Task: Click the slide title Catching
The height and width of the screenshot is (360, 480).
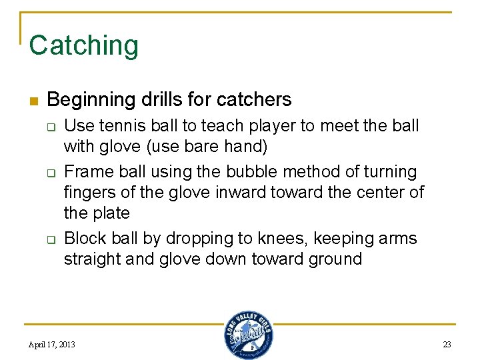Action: point(84,45)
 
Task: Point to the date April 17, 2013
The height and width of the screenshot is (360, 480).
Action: point(51,345)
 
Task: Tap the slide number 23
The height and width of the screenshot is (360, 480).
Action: point(447,345)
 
